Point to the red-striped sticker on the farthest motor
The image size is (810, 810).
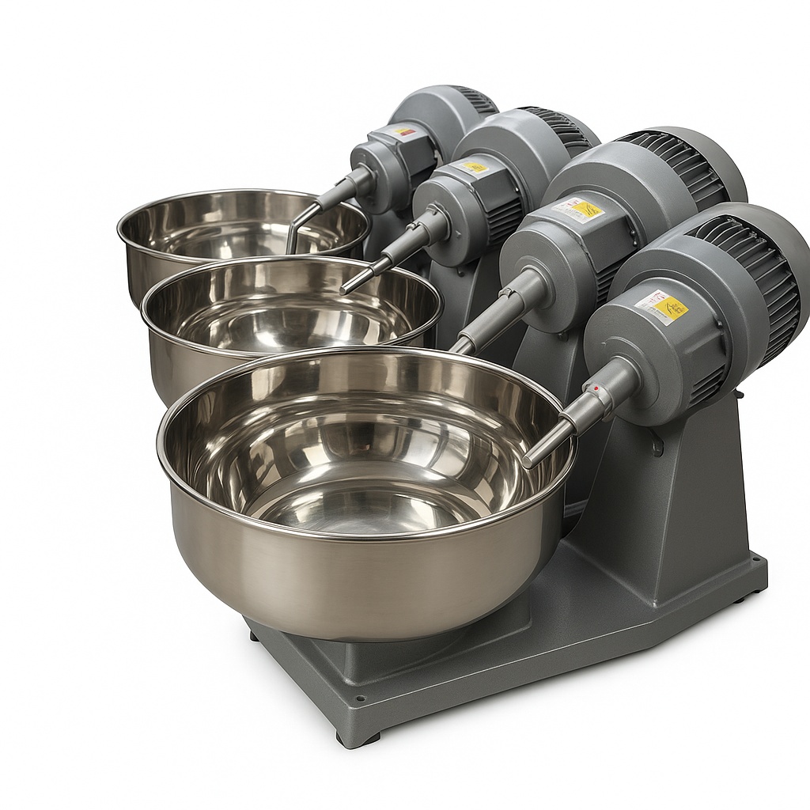click(x=403, y=131)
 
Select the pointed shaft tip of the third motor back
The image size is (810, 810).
click(x=348, y=289)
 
